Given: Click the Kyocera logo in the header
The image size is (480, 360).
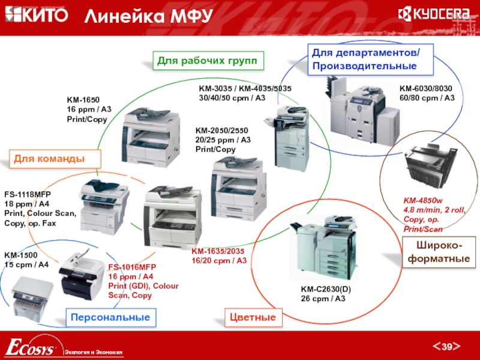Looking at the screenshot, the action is (433, 14).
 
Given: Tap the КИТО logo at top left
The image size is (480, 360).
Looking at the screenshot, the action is (37, 14).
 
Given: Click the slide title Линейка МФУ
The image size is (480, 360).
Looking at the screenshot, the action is (148, 16).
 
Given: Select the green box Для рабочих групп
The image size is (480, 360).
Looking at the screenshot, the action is (208, 61).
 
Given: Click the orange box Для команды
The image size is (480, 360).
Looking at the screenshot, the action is (55, 158).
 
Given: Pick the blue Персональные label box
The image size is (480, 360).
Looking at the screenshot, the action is (111, 317).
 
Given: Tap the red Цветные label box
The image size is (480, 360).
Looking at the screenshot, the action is (253, 317).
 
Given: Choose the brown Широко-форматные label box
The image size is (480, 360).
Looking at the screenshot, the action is (439, 252).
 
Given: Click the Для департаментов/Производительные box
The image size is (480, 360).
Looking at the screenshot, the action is (370, 59).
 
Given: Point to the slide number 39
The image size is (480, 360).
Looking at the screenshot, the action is (446, 346).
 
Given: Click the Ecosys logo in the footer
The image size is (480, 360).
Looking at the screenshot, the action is (30, 347).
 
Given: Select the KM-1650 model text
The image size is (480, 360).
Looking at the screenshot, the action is (83, 100).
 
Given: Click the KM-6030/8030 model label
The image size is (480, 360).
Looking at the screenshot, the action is (425, 88).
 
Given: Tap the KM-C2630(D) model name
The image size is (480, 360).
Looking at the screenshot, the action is (326, 289).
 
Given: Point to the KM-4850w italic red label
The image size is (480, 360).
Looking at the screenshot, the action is (423, 200).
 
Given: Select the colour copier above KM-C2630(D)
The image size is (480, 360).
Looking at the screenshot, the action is (324, 247).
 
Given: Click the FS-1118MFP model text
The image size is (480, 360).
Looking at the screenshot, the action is (28, 194).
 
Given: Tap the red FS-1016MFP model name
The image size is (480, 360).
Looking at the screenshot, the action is (132, 267).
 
